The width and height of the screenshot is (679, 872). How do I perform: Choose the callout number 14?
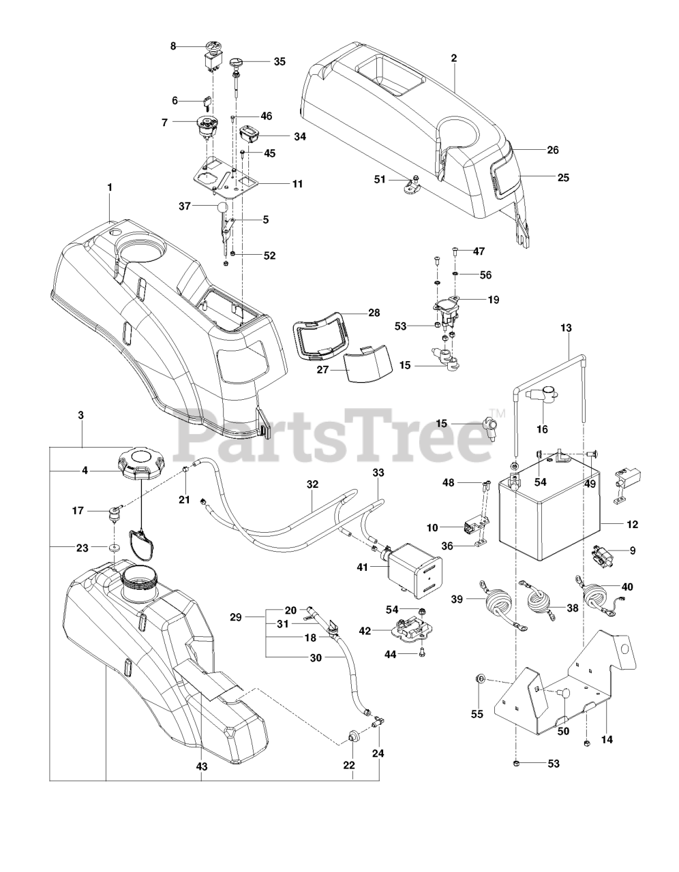click(603, 738)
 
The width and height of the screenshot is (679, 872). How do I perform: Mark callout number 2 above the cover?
click(453, 58)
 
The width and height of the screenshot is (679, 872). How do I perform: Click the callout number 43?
click(202, 766)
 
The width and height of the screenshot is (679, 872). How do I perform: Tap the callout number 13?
click(566, 328)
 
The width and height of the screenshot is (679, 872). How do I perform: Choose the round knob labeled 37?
click(222, 206)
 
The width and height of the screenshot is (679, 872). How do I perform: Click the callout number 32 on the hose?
click(312, 485)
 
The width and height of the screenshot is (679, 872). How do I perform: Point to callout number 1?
click(109, 187)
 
